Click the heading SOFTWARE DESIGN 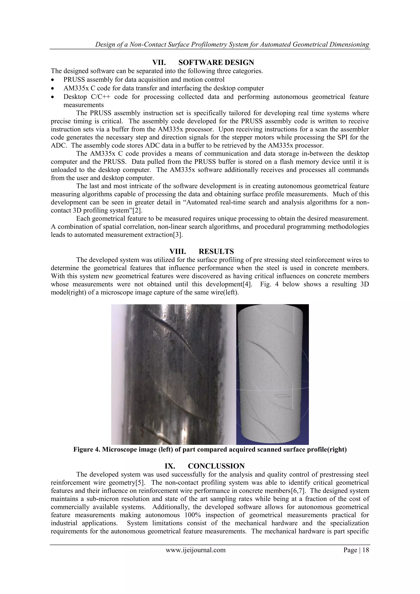[x=216, y=62]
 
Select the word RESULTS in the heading [x=216, y=251]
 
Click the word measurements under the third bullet [x=83, y=105]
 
